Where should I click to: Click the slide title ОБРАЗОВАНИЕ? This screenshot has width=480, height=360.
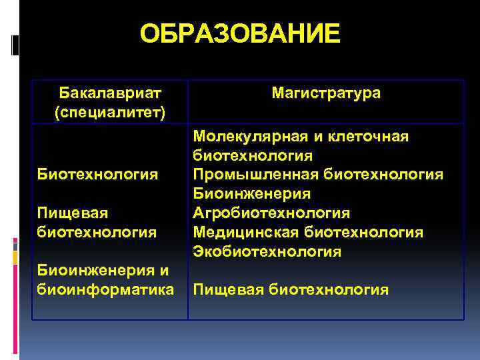(240, 34)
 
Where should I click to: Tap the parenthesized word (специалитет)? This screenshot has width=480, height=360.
(110, 109)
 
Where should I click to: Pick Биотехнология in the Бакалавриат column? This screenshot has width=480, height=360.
(97, 174)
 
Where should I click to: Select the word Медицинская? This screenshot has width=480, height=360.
(246, 232)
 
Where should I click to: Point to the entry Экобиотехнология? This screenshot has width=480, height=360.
(267, 251)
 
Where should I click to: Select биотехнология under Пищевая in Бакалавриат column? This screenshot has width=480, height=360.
(97, 232)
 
